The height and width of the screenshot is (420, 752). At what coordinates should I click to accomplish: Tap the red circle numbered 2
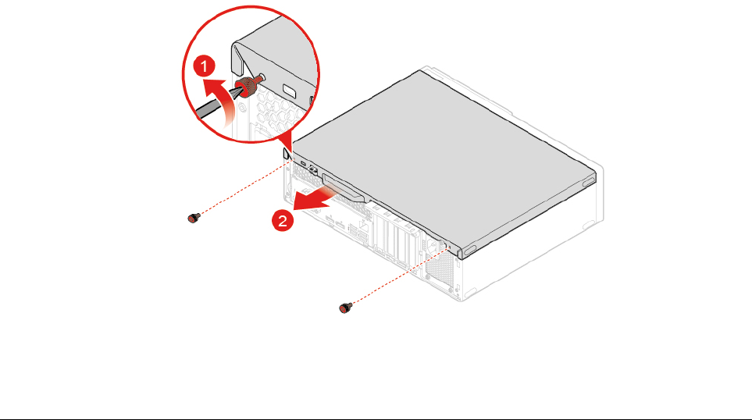click(283, 221)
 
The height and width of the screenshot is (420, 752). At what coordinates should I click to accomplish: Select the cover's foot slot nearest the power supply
click(471, 250)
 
